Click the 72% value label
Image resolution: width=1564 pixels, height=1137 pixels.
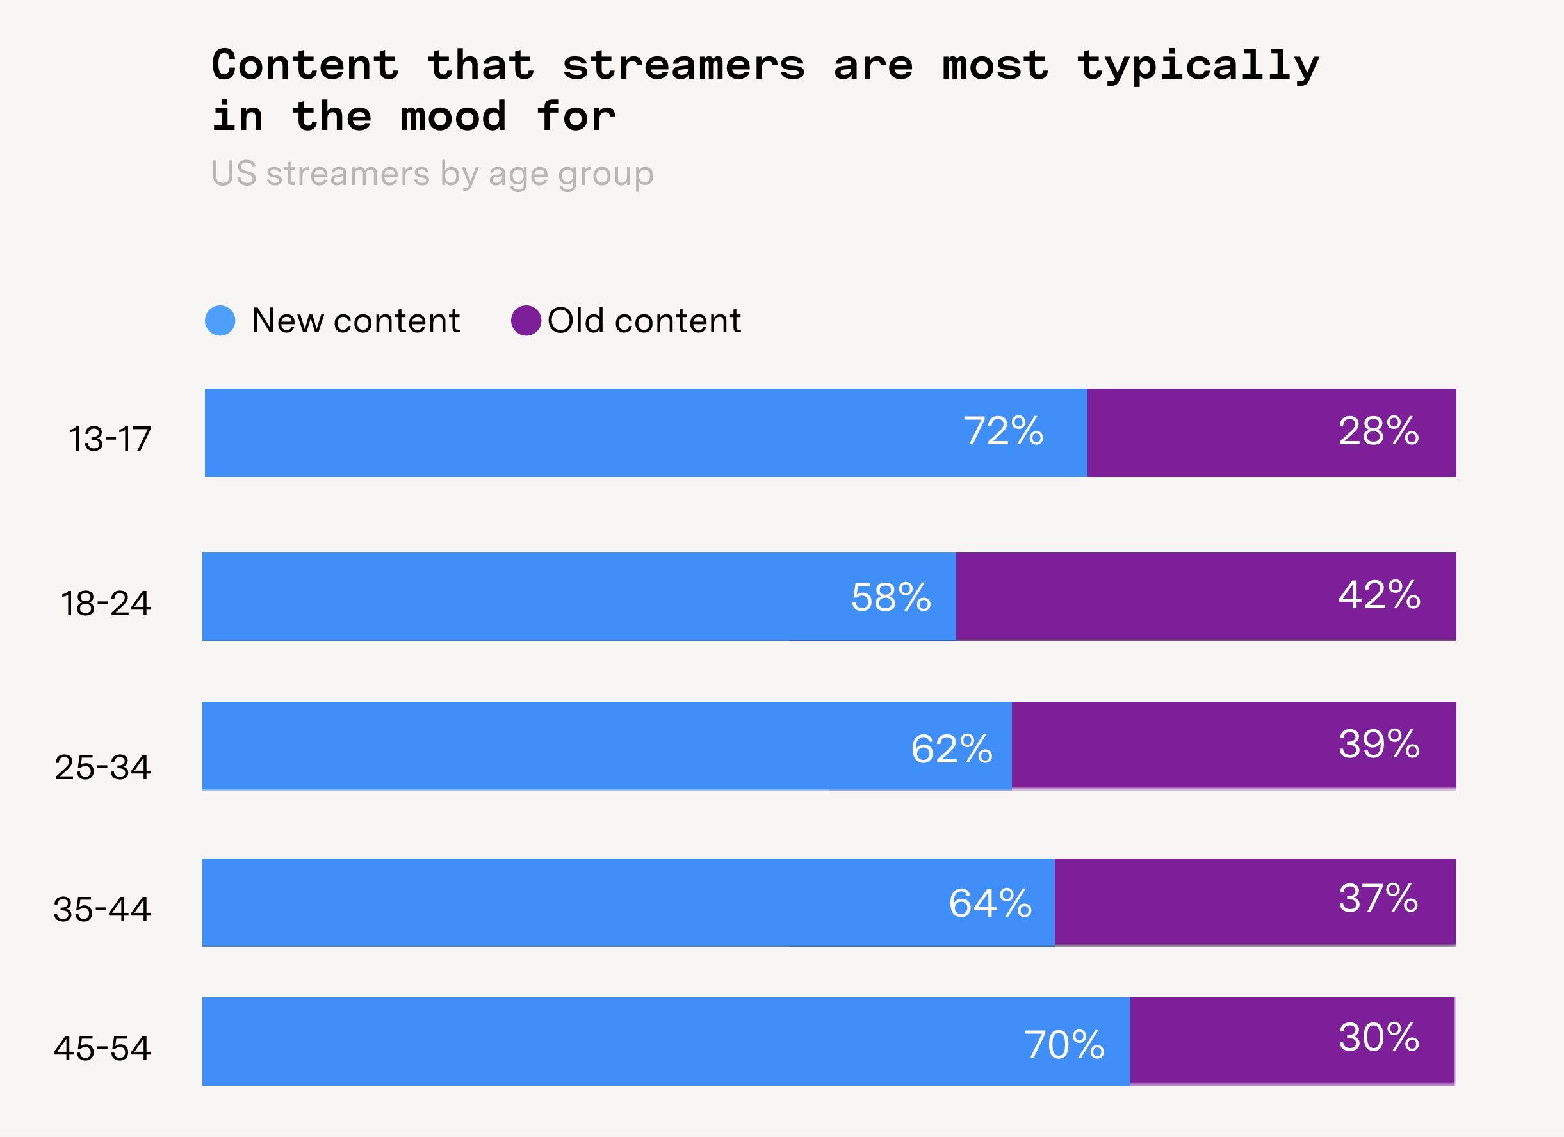click(x=1004, y=431)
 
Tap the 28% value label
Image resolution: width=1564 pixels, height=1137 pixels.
click(x=1378, y=431)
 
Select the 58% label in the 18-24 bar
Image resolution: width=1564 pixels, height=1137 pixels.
click(x=891, y=597)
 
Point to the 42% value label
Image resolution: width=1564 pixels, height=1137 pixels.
click(x=1379, y=594)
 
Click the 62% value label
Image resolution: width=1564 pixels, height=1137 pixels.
click(x=952, y=749)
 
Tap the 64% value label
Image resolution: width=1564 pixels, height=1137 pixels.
click(x=990, y=903)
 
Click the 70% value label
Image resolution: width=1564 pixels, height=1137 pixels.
click(x=1064, y=1045)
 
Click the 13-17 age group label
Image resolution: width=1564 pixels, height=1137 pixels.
click(x=110, y=439)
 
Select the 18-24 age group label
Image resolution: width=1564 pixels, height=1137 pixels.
click(x=106, y=603)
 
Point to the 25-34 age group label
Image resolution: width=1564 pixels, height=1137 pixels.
click(x=102, y=768)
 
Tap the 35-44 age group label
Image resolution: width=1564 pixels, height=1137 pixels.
click(x=102, y=910)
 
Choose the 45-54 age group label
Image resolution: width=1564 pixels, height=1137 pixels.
click(x=102, y=1049)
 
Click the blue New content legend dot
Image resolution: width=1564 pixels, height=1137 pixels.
click(x=220, y=321)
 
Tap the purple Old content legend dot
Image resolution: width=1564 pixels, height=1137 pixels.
click(x=525, y=321)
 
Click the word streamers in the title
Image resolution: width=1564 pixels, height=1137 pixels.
click(x=683, y=65)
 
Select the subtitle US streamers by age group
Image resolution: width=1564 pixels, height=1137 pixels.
click(x=432, y=173)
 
